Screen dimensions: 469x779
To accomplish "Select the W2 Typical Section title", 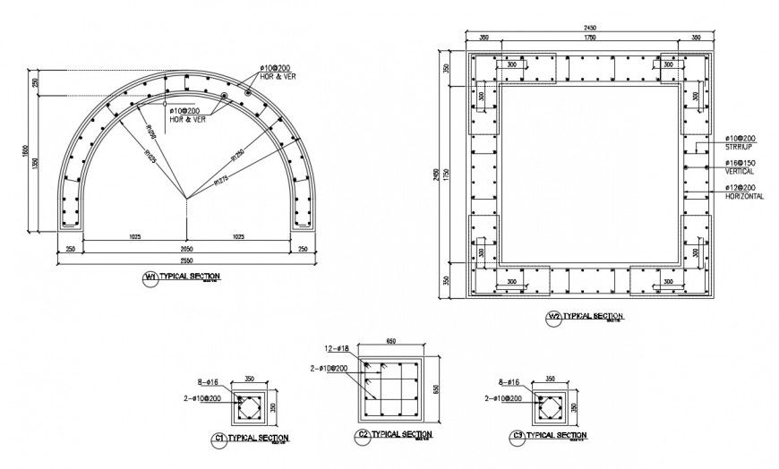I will click(592, 317).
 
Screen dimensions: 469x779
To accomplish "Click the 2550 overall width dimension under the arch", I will click(185, 259).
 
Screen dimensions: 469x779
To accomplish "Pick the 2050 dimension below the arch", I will click(185, 247).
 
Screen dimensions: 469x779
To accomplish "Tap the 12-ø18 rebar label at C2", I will click(338, 348).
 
